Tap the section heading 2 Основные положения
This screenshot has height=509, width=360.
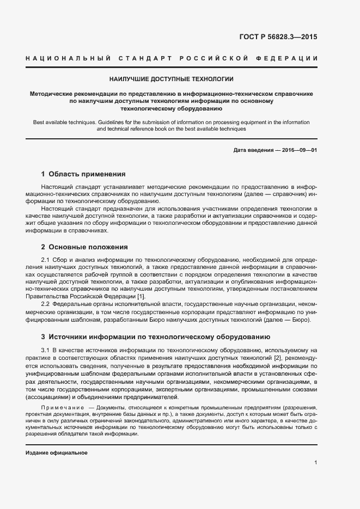point(84,247)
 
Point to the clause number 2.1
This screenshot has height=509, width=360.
point(46,260)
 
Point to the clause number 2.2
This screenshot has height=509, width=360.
point(46,303)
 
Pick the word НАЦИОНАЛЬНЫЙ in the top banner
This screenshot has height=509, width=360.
point(69,58)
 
